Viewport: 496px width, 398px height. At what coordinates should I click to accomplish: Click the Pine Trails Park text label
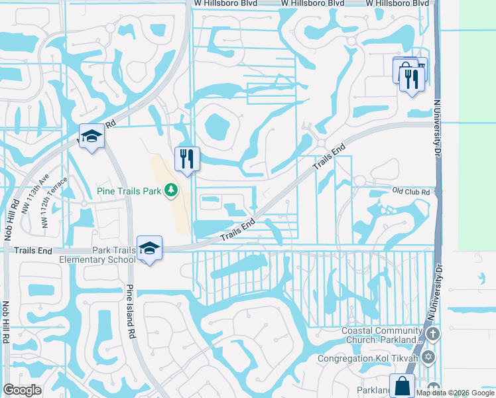(129, 191)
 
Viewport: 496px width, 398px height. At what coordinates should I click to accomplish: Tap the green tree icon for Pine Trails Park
(171, 191)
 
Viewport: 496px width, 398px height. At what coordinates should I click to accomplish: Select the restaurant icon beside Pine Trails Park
(187, 159)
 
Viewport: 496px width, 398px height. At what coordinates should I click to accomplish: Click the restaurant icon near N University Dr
(412, 80)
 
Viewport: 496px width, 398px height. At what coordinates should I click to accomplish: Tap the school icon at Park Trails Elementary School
(150, 248)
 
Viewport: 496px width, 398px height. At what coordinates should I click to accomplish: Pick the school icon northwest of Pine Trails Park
(92, 137)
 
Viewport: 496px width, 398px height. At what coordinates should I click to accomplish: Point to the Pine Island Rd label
(131, 312)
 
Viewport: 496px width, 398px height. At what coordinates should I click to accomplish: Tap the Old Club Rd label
(411, 192)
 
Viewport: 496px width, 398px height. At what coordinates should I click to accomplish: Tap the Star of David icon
(428, 358)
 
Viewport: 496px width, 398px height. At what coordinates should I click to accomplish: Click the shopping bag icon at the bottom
(402, 385)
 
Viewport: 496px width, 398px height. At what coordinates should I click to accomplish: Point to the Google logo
(23, 390)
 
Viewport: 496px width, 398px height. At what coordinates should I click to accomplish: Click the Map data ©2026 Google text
(455, 393)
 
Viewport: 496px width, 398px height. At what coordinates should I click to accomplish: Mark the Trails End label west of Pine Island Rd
(33, 250)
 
